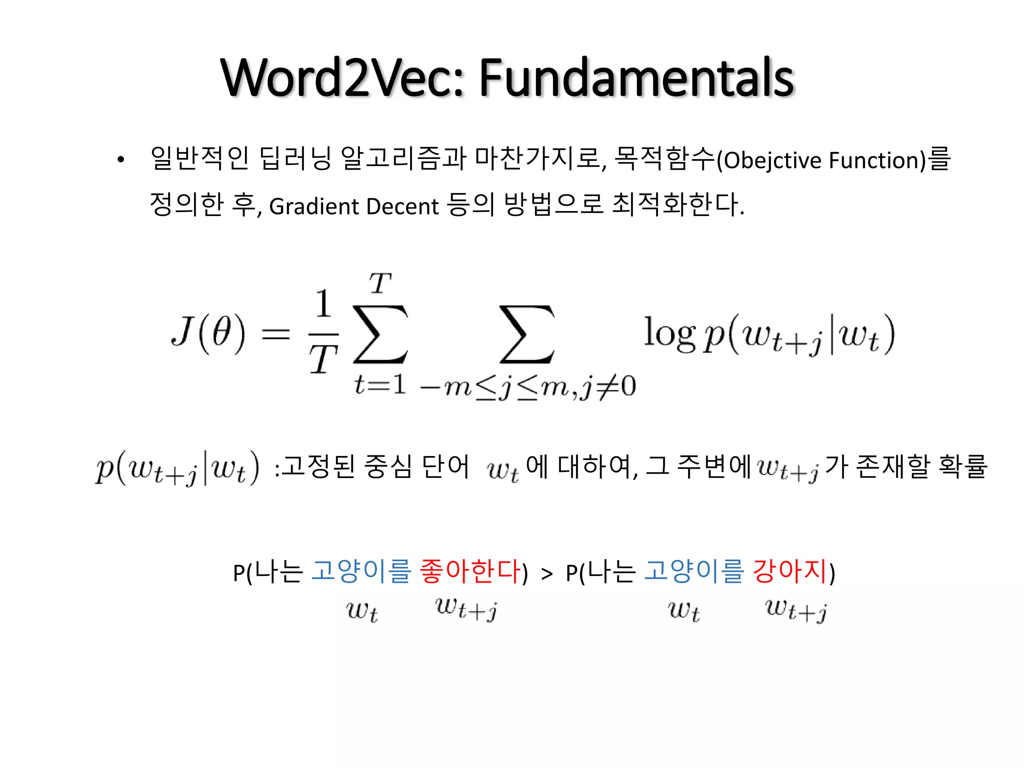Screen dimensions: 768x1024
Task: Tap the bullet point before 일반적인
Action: [x=120, y=160]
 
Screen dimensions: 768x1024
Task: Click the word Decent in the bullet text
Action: [x=402, y=206]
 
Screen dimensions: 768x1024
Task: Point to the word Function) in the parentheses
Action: [x=877, y=160]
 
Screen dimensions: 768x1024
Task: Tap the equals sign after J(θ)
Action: [x=275, y=333]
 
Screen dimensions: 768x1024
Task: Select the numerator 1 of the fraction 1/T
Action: [x=323, y=303]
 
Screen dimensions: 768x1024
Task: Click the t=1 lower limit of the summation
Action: [x=379, y=385]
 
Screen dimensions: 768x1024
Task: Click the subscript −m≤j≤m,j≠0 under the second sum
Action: [x=527, y=386]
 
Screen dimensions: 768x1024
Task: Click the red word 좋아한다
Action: [x=470, y=571]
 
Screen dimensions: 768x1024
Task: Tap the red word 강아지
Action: [x=790, y=571]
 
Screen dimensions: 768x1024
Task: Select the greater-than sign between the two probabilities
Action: [x=547, y=574]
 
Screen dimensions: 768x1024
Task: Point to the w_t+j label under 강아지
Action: [x=796, y=610]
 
